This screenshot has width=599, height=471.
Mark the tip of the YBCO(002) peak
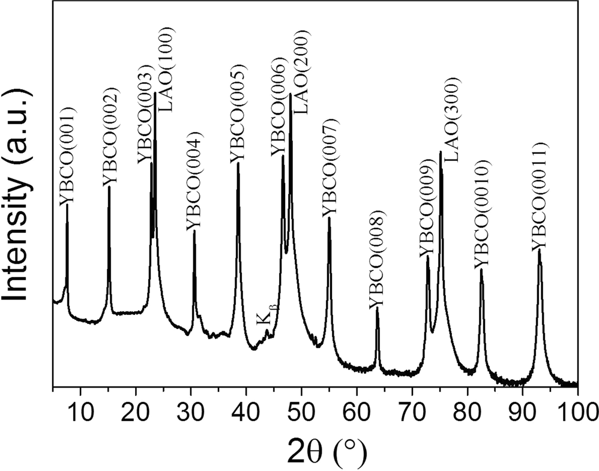point(109,187)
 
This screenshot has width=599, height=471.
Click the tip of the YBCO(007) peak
point(329,218)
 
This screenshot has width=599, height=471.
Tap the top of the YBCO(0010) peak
point(481,269)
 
